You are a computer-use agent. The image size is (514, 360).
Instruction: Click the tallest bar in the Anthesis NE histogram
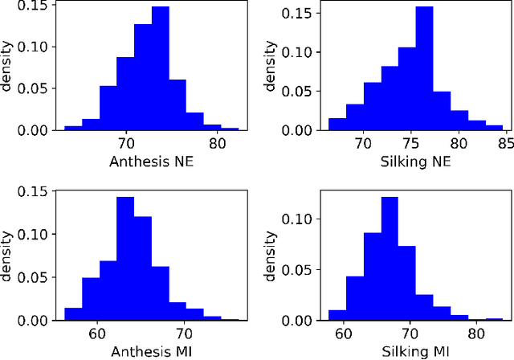coord(161,68)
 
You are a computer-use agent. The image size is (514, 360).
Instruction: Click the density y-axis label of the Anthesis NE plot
coord(7,66)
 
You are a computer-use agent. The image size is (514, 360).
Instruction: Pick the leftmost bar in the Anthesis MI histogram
coord(73,314)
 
